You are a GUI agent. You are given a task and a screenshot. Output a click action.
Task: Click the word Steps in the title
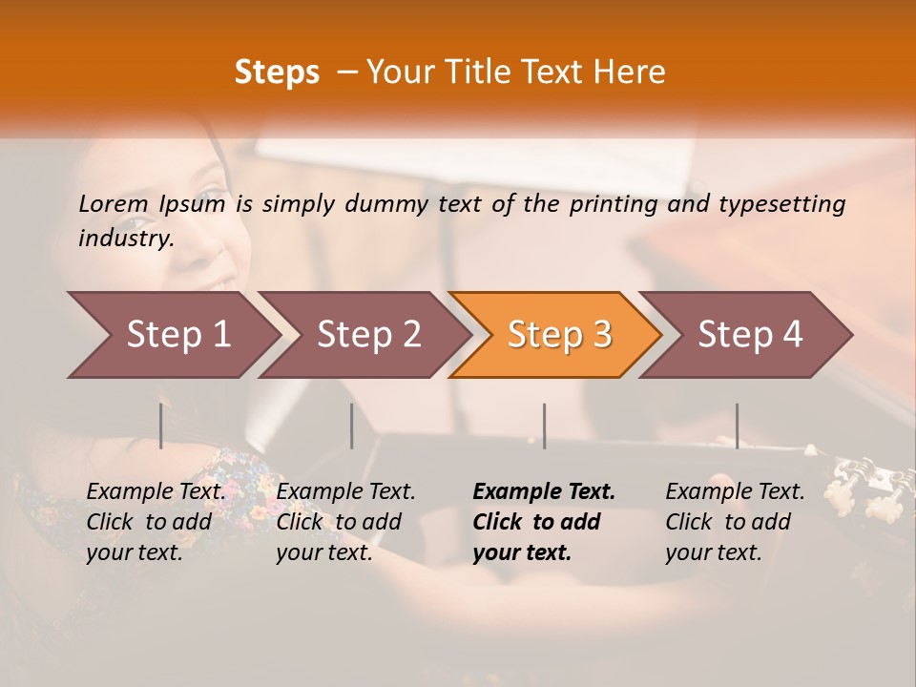[277, 72]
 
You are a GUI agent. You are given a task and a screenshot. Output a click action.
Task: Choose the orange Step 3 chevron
[559, 334]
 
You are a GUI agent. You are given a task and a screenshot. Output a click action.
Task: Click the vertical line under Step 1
[160, 426]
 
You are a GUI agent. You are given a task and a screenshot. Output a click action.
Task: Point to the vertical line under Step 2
[351, 426]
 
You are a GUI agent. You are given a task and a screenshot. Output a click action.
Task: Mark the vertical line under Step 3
[544, 426]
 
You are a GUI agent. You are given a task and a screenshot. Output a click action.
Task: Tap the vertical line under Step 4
[737, 426]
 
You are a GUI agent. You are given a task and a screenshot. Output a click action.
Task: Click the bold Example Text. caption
[544, 491]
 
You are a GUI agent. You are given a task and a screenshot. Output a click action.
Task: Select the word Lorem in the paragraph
[114, 203]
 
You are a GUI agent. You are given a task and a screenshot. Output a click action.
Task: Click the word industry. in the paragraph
[126, 238]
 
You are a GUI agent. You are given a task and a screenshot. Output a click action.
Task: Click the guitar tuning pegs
[864, 477]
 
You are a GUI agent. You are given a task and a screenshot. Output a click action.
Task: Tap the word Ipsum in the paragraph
[193, 203]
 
